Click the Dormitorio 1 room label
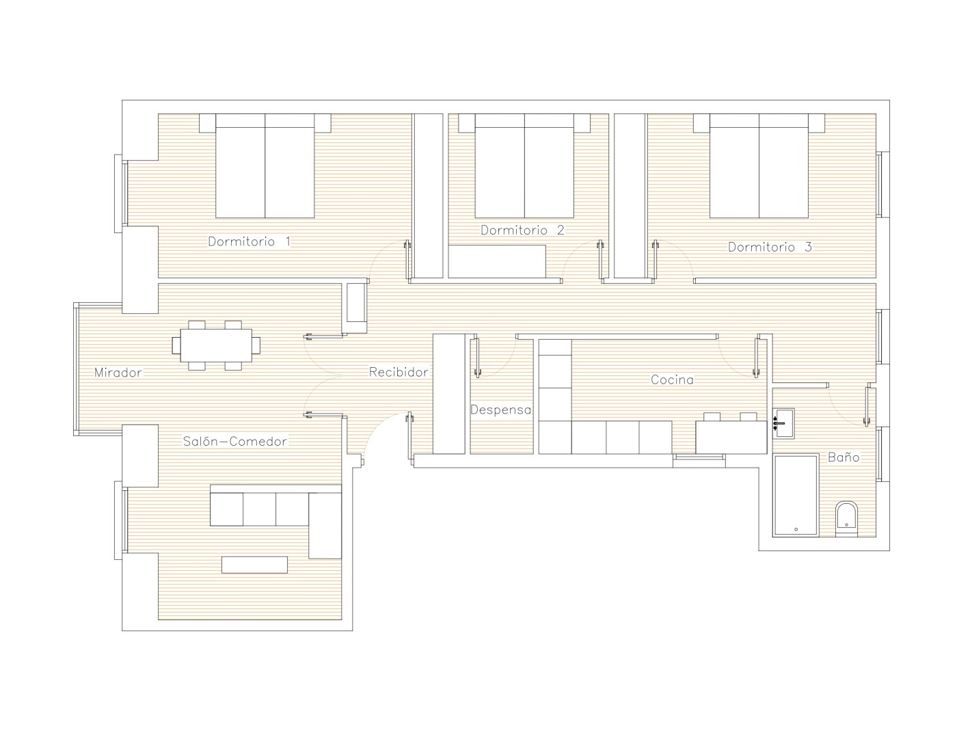coord(249,241)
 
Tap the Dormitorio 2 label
coord(522,230)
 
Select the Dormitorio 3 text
coord(770,247)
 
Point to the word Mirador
coord(118,372)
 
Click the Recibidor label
coord(399,372)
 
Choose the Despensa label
coord(501,409)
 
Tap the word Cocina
coord(672,379)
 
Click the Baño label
coord(843,457)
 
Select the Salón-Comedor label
coord(235,441)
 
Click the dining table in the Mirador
coord(216,345)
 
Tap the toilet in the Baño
coord(846,518)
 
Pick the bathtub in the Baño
coord(796,495)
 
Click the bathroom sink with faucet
coord(783,423)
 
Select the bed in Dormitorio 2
coord(524,165)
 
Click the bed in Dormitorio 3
coord(759,165)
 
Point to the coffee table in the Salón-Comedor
coord(254,565)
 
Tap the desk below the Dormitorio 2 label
coord(497,261)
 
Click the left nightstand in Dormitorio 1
coord(208,123)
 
